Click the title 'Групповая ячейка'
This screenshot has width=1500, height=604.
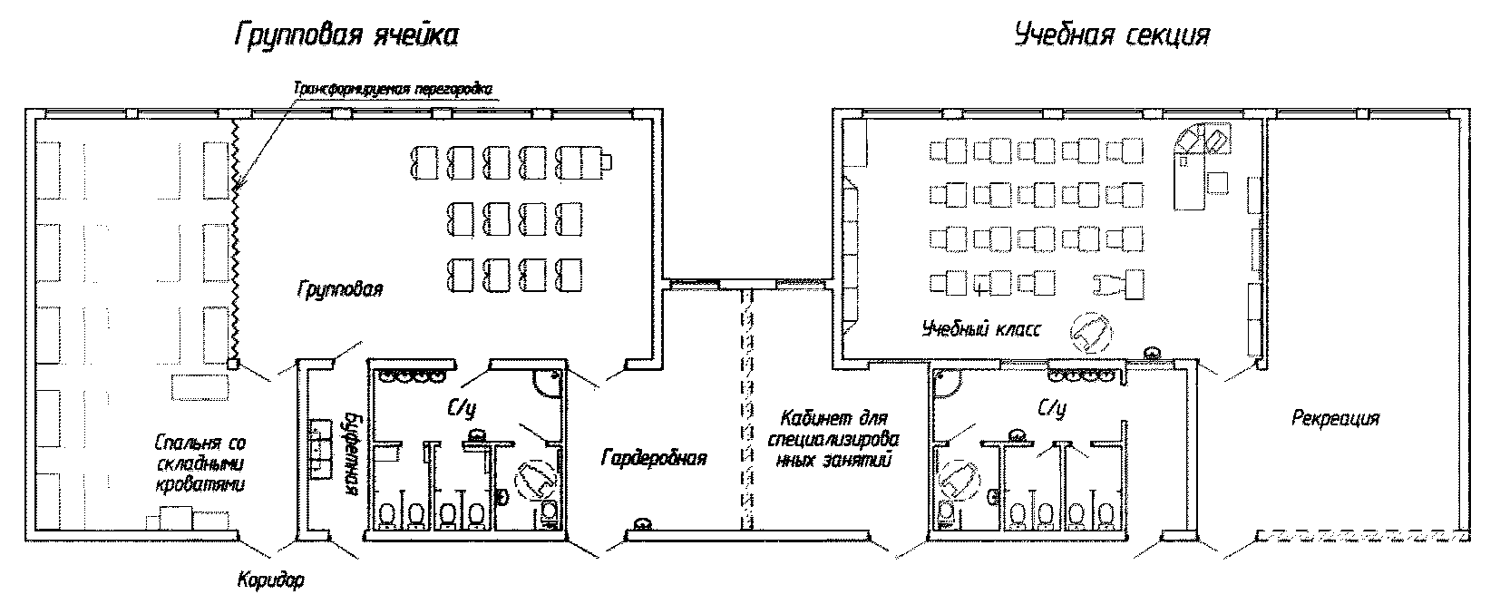[x=346, y=37]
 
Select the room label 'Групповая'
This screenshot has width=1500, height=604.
[x=339, y=289]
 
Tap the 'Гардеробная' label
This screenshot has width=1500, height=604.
[x=653, y=457]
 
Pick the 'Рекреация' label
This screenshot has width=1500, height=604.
[x=1335, y=418]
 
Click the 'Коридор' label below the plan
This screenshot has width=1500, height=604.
[x=271, y=580]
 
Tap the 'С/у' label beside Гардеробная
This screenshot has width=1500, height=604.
[x=462, y=410]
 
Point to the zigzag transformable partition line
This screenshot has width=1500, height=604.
[x=235, y=236]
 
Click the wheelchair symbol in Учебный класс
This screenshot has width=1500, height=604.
[x=1091, y=332]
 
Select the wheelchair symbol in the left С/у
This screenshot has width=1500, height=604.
[x=535, y=478]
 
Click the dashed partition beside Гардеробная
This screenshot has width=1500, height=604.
[x=748, y=408]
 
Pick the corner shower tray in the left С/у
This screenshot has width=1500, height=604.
[x=548, y=385]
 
